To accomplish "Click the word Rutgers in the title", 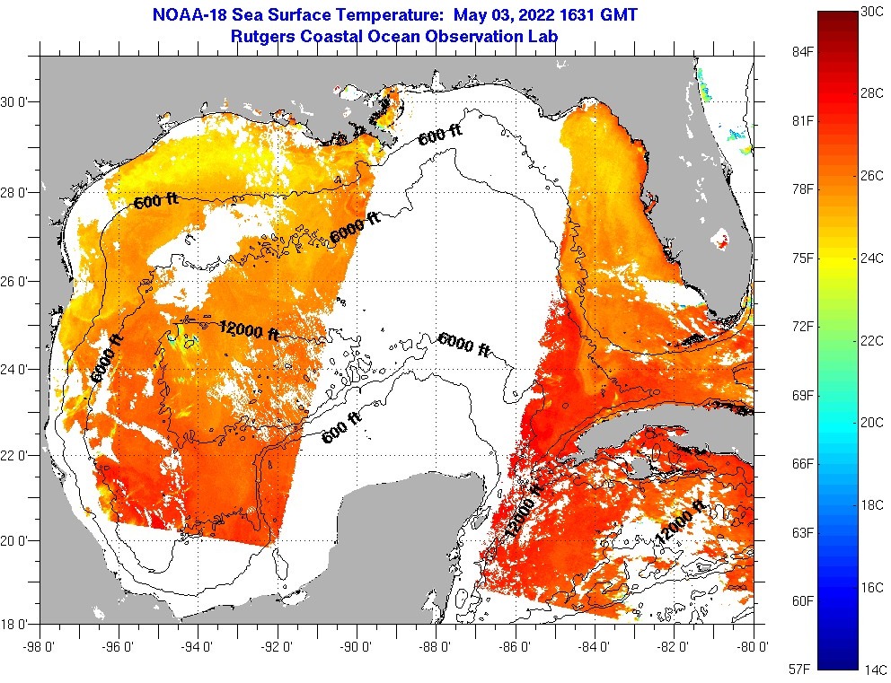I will pyautogui.click(x=260, y=36).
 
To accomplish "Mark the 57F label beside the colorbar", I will pyautogui.click(x=800, y=670).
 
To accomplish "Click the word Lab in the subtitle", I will pyautogui.click(x=544, y=36).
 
